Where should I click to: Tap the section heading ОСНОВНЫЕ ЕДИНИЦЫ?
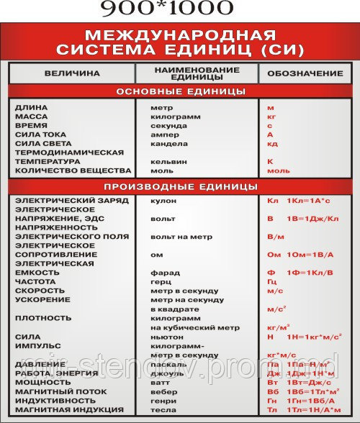click(181, 91)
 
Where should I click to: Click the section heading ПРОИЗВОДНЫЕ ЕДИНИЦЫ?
click(181, 186)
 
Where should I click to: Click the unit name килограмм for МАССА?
click(175, 116)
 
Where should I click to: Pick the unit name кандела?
click(168, 143)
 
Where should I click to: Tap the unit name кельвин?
click(168, 162)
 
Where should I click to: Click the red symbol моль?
click(278, 170)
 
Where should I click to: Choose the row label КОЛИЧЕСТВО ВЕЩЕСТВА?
click(73, 170)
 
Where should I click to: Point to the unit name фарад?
click(165, 273)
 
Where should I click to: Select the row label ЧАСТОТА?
click(35, 281)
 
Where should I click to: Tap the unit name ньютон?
click(168, 336)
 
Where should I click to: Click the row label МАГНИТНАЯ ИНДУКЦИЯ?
click(69, 409)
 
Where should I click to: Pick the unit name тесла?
click(164, 409)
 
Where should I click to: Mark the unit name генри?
click(164, 400)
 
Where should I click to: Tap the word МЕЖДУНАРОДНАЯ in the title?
click(180, 35)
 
